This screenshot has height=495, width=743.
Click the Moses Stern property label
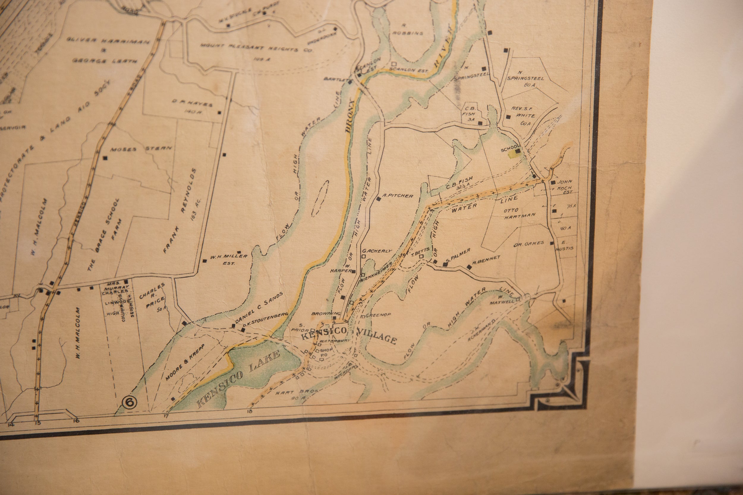tap(141, 149)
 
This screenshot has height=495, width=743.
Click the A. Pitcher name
tap(397, 196)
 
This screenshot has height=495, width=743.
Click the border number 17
tap(166, 416)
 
